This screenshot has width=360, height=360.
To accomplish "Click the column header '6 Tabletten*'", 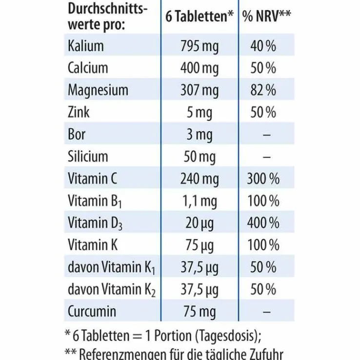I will pos(200,17).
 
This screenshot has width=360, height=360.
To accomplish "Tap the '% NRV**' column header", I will pos(267,17).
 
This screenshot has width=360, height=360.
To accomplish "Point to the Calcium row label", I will pos(88,68).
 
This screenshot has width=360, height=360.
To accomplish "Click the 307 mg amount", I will pos(200,90).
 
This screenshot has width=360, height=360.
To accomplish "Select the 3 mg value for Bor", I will pos(200,135).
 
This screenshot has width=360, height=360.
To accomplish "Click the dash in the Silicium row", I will pos(266,157).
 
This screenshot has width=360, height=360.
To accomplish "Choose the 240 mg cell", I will pos(200,179).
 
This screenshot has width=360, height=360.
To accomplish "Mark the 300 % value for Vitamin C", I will pos(263,179).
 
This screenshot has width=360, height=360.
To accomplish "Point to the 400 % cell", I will pos(263,223).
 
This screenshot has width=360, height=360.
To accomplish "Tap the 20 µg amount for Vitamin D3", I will pos(200,223).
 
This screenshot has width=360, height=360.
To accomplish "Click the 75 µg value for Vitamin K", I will pos(200,245).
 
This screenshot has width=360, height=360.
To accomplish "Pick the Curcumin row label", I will pos(92,311).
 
